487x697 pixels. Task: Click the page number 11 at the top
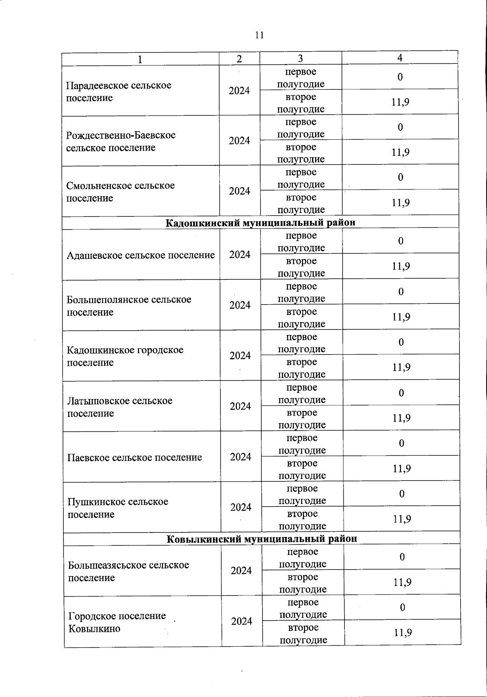[x=260, y=35]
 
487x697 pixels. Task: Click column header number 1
[x=140, y=59]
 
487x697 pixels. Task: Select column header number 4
[x=400, y=58]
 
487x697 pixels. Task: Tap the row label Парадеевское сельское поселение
[x=119, y=91]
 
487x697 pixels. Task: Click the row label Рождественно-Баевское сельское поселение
[x=121, y=141]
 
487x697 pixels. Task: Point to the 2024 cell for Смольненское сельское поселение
[x=239, y=191]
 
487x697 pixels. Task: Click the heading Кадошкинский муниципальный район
[x=260, y=223]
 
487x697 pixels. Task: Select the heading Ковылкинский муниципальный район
[x=262, y=539]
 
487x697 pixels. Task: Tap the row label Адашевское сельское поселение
[x=140, y=255]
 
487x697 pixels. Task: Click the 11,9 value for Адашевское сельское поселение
[x=401, y=266]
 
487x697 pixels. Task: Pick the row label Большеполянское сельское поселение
[x=129, y=305]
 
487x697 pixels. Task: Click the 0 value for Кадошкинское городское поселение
[x=401, y=342]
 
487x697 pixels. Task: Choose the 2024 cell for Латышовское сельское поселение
[x=240, y=406]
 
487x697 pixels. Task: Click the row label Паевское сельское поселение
[x=134, y=457]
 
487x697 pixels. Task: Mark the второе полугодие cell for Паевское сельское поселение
[x=302, y=469]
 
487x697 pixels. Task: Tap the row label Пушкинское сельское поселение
[x=118, y=508]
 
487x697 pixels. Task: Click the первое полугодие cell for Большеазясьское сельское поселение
[x=303, y=558]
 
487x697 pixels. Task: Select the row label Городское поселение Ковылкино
[x=117, y=622]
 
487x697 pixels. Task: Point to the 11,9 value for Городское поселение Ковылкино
[x=403, y=632]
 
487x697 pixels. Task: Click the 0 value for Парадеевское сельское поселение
[x=400, y=77]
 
